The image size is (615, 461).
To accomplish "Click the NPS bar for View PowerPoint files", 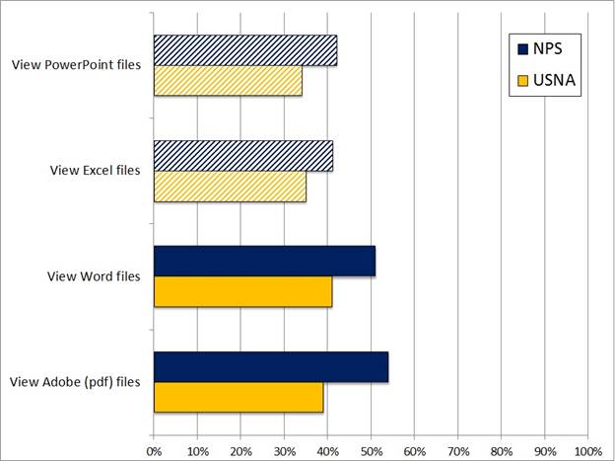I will point(245,50).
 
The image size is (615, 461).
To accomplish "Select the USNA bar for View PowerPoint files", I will point(228,80).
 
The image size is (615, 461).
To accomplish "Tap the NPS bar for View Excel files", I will point(243,156).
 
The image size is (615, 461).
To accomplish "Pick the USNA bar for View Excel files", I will point(230,186).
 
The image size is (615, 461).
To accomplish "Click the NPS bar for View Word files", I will point(264,261).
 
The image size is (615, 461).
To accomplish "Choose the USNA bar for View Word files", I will point(242,291).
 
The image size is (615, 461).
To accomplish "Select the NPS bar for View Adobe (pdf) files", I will point(271,366).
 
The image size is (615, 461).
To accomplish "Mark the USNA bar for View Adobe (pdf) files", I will point(239,396).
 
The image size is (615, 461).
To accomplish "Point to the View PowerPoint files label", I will point(76,65).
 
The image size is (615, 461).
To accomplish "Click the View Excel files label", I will point(96,170).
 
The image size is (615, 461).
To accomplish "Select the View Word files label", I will point(94,275).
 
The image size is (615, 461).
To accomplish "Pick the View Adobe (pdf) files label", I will point(76,381).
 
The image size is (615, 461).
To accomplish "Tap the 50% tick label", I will point(371,451).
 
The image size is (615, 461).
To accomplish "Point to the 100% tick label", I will point(588,451).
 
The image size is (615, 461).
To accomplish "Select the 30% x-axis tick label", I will point(284,451).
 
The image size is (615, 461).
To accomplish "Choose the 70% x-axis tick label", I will point(457,451).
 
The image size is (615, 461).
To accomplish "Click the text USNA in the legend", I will point(553,81).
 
